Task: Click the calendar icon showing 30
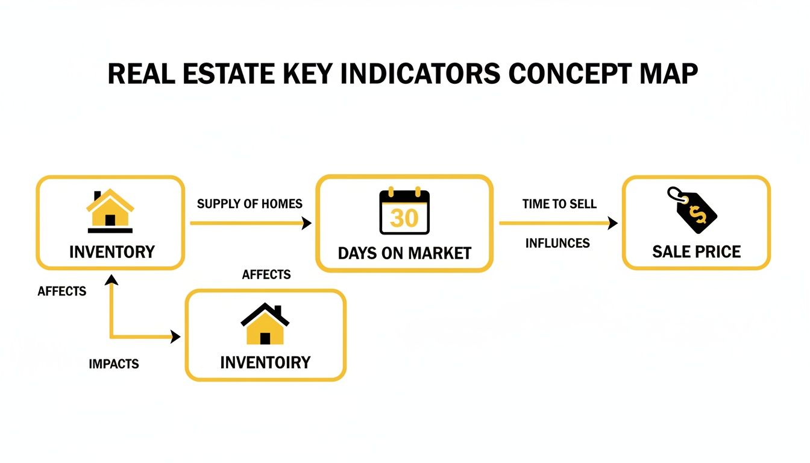404,212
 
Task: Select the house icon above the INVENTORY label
110,211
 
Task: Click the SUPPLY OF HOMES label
250,204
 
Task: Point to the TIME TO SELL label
559,204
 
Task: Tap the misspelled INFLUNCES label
557,244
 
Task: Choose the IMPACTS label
113,364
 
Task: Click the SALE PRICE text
696,252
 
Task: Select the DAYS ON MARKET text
404,253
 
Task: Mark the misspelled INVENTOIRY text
265,362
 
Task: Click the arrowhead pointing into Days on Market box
307,224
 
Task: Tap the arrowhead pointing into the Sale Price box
613,224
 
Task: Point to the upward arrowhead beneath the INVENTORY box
111,279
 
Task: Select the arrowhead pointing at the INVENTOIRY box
175,337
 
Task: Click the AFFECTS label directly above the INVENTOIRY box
266,275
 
